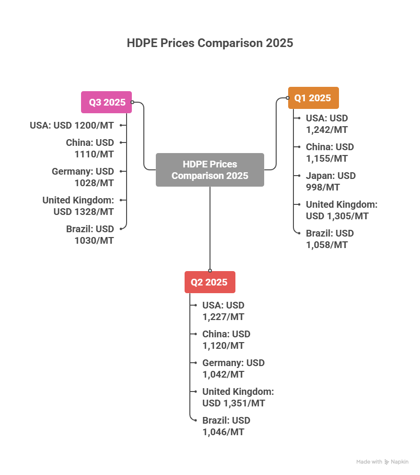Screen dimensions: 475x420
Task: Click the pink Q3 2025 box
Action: [x=106, y=102]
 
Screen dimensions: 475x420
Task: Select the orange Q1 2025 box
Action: [x=313, y=98]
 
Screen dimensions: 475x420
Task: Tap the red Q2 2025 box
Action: [x=210, y=282]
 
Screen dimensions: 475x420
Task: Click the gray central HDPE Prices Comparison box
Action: [x=210, y=170]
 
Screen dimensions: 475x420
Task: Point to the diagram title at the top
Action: [x=210, y=43]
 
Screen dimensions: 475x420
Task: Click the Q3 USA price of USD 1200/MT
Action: [x=72, y=125]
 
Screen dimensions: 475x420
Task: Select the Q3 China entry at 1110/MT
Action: [x=90, y=148]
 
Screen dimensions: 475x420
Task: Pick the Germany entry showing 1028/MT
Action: [x=83, y=177]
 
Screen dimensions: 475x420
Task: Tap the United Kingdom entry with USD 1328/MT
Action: [x=78, y=206]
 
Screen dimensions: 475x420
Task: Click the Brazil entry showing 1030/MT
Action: [x=90, y=235]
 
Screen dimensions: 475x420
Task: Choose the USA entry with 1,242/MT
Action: [x=327, y=124]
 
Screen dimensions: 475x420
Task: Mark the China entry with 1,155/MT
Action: [x=330, y=153]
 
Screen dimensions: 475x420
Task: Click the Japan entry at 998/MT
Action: [x=331, y=181]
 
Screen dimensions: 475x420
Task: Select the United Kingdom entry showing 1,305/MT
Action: [x=341, y=210]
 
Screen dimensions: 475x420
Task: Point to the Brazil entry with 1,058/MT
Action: [x=330, y=239]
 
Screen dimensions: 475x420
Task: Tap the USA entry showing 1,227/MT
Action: [x=223, y=311]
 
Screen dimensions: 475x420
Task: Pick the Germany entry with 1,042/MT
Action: [x=233, y=368]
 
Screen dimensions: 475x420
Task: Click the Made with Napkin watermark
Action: [x=382, y=462]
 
